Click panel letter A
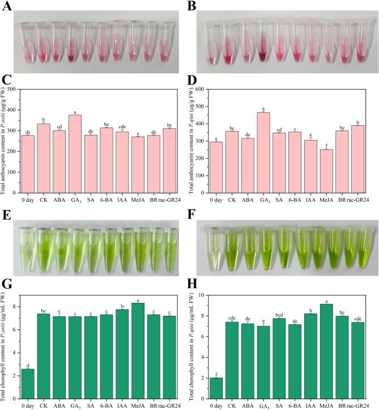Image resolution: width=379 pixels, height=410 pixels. click(6, 6)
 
